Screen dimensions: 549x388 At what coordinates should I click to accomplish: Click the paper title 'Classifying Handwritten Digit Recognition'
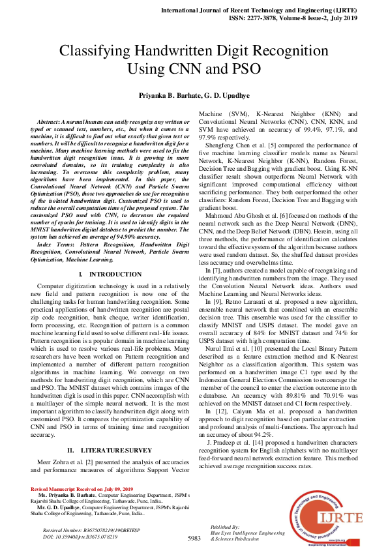point(194,51)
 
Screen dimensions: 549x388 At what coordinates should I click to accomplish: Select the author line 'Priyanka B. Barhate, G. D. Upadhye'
point(194,95)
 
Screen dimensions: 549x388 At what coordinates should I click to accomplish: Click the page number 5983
point(194,538)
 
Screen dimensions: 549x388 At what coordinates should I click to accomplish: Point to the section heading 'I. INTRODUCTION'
point(109,274)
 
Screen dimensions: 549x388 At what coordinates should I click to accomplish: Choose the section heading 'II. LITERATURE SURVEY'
point(109,450)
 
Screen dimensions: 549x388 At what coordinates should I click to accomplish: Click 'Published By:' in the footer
point(224,526)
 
